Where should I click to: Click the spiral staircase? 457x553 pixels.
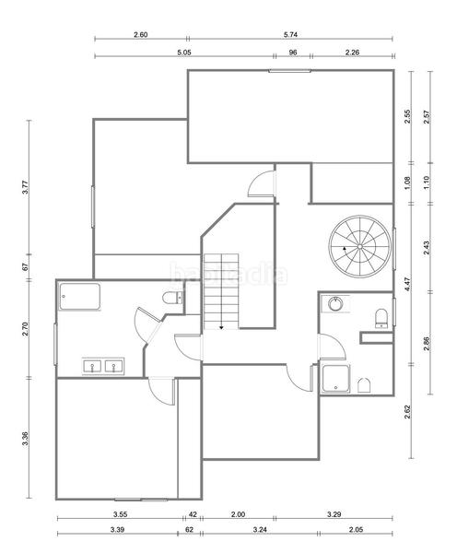click(x=360, y=246)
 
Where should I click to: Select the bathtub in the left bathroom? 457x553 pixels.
click(x=79, y=298)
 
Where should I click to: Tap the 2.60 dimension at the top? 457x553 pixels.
click(x=141, y=35)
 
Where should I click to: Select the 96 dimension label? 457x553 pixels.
click(x=293, y=53)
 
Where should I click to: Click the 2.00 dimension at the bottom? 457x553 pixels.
click(x=238, y=513)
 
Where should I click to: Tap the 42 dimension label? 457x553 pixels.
click(x=193, y=513)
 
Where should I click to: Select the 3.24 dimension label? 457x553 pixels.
click(x=259, y=532)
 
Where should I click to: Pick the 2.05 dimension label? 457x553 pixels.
click(x=356, y=532)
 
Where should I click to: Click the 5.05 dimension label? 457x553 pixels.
click(x=183, y=53)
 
